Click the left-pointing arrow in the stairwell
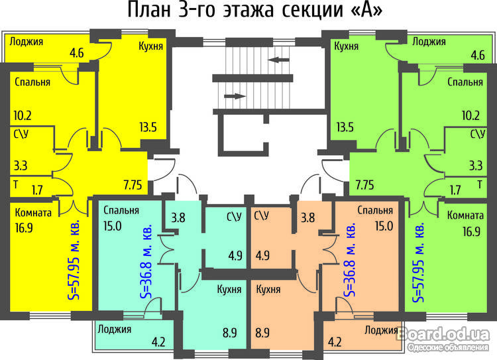pos(279,60)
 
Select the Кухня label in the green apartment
pos(347,46)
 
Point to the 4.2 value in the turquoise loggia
pos(159,343)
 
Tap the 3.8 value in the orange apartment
pos(307,216)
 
